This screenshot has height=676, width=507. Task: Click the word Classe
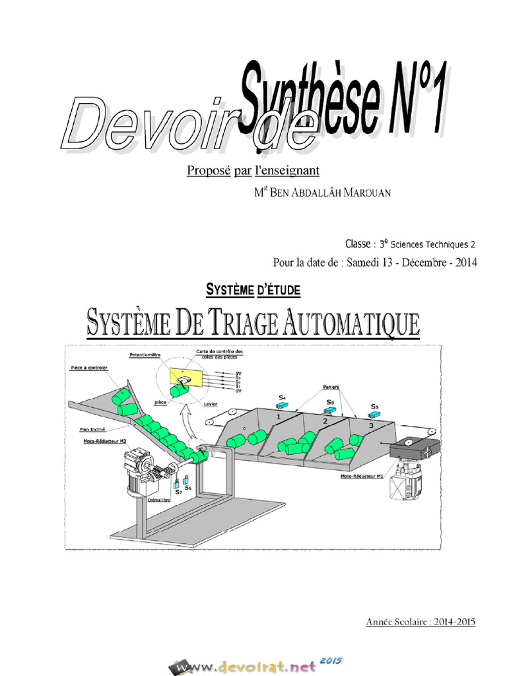pyautogui.click(x=358, y=244)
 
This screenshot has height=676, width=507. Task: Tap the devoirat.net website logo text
pyautogui.click(x=256, y=665)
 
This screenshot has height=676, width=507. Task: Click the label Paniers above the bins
pyautogui.click(x=332, y=386)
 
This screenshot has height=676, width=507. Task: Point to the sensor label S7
pyautogui.click(x=178, y=492)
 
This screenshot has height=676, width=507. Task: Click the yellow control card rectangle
pyautogui.click(x=183, y=377)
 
